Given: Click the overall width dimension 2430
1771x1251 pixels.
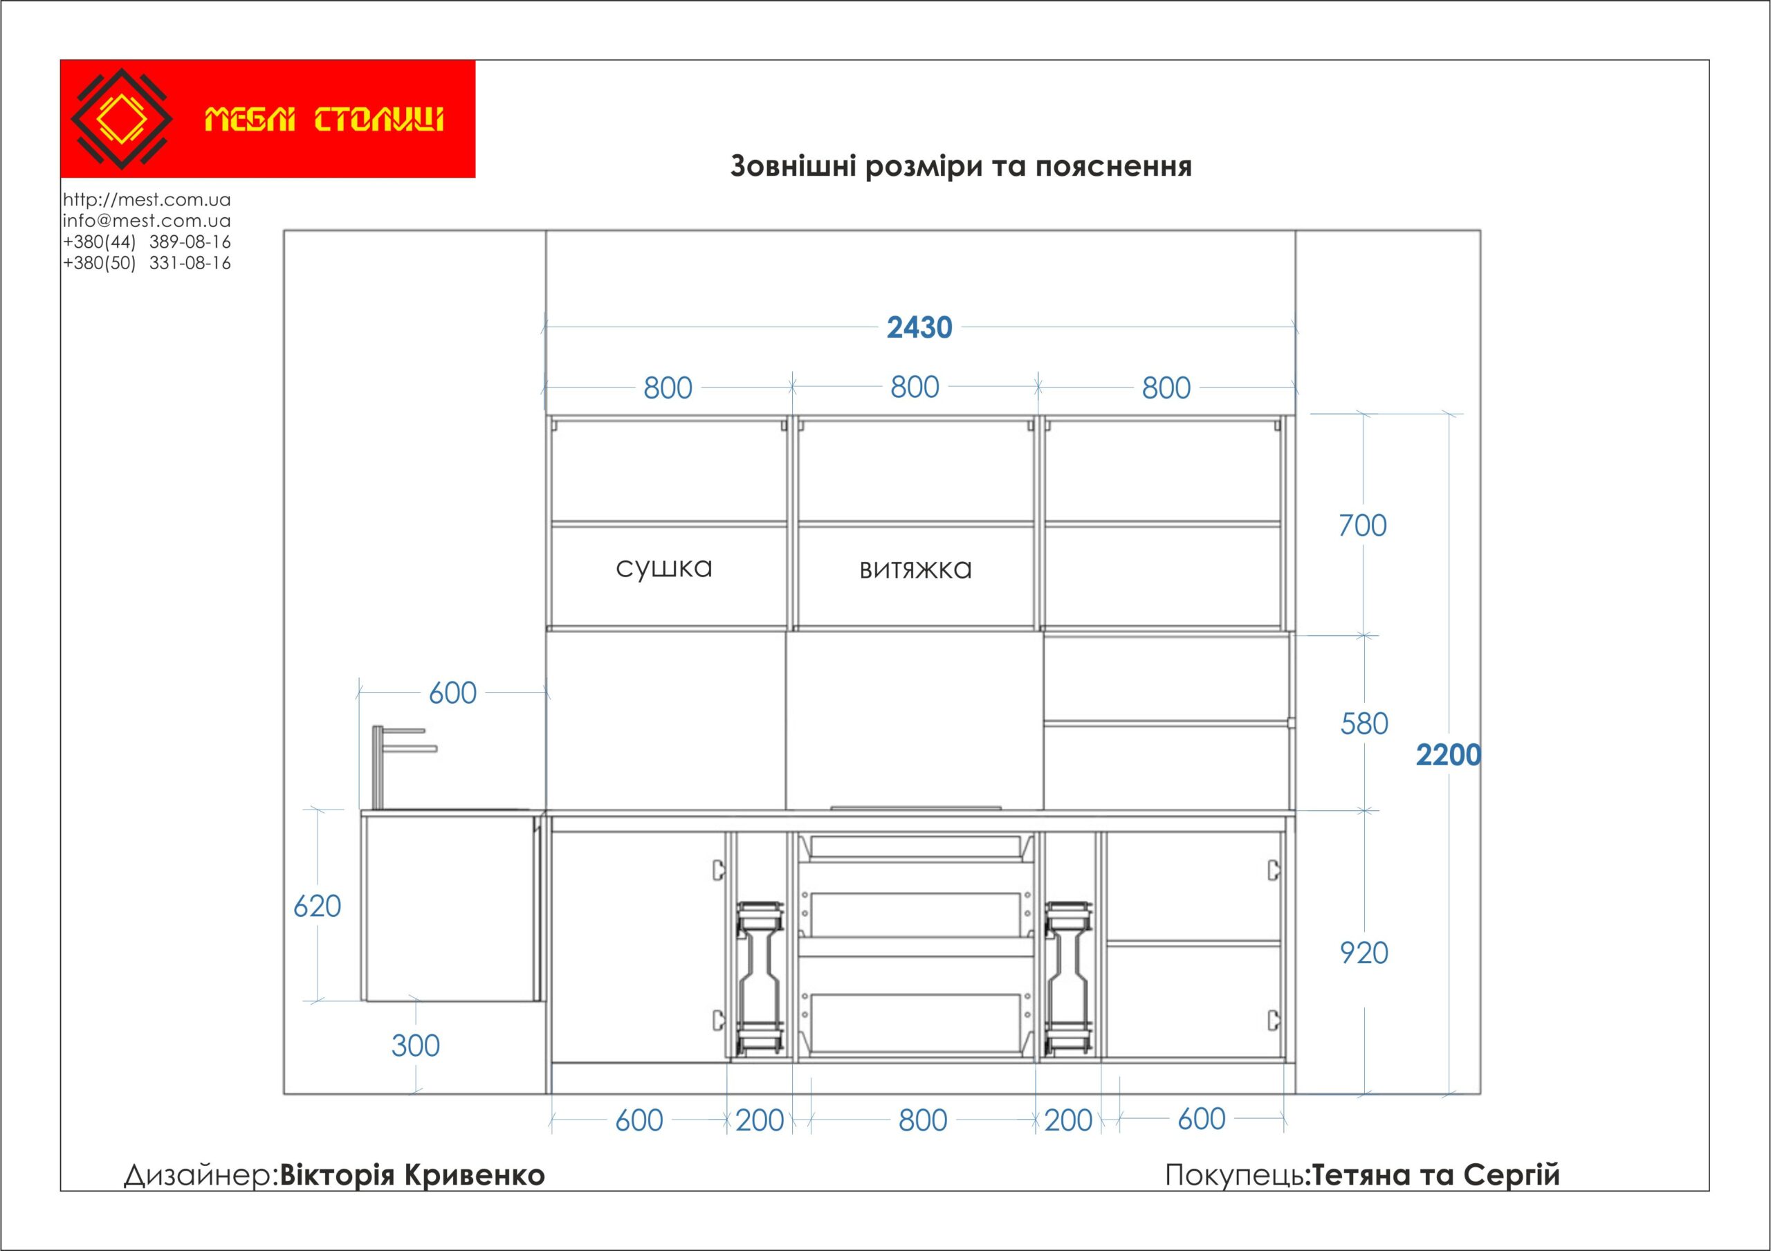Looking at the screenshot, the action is coord(919,328).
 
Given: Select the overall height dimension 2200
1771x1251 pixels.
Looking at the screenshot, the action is coord(1449,755).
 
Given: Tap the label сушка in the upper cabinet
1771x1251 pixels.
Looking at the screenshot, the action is coord(664,569).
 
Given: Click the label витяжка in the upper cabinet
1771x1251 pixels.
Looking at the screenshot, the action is coord(915,569).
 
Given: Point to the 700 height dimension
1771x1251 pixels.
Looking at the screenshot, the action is coord(1363,526).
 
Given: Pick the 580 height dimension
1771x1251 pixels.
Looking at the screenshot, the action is coord(1364,724).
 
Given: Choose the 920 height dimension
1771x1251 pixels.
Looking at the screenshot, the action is coord(1364,953).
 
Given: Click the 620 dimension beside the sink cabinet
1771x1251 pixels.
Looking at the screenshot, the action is coord(317,906).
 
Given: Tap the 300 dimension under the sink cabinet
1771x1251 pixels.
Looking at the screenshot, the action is coord(416,1045).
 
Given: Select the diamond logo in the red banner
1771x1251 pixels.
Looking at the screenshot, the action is coord(122,119).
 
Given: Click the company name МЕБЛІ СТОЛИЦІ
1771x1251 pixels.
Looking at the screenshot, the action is coord(324,120).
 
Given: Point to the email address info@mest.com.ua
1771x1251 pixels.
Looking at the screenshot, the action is coord(147,221).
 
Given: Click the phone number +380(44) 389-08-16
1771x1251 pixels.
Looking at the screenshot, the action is coord(147,241).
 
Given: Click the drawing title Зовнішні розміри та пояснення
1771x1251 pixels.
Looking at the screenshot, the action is coord(961,167).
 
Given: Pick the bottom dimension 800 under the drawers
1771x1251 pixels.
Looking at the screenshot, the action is coord(923,1121).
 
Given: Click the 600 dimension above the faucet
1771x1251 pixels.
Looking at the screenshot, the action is coord(452,693).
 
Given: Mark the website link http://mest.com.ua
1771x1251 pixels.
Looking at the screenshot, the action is coord(147,200).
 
